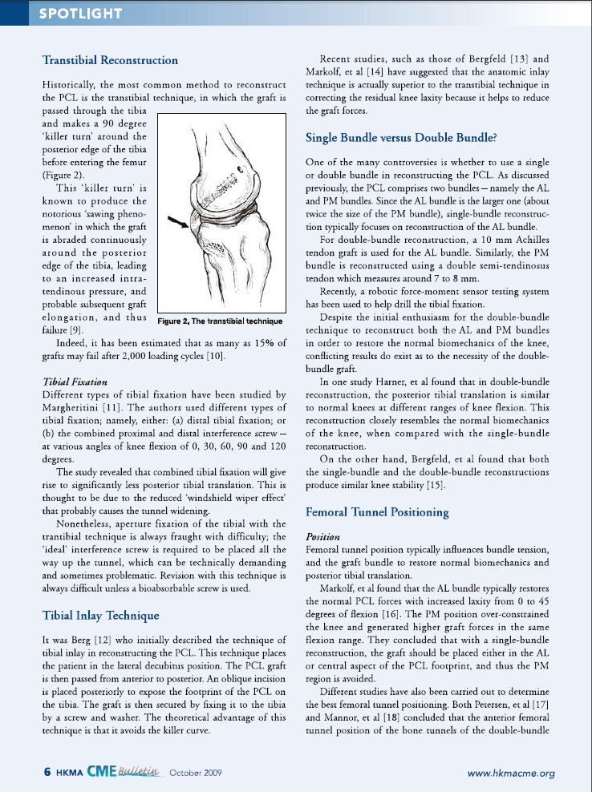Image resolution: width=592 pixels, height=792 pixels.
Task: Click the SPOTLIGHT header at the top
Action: pyautogui.click(x=80, y=13)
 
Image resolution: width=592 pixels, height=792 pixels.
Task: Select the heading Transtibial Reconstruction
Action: pyautogui.click(x=110, y=60)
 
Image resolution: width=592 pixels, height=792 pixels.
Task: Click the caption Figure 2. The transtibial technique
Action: pyautogui.click(x=219, y=321)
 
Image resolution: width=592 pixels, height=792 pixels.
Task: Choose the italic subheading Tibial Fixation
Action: pyautogui.click(x=71, y=382)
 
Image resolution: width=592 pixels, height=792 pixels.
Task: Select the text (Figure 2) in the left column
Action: pyautogui.click(x=64, y=172)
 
